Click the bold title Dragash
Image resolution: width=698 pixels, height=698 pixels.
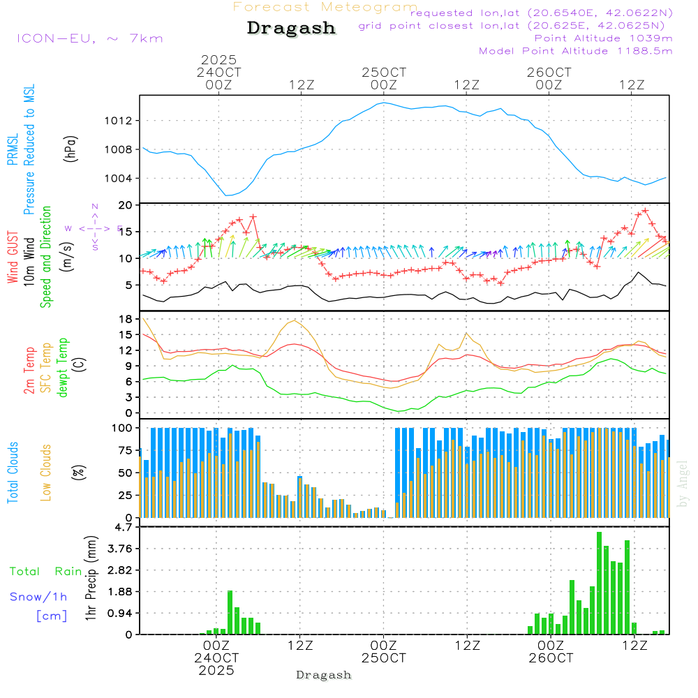click(x=291, y=28)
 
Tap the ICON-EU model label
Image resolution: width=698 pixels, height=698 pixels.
click(x=89, y=38)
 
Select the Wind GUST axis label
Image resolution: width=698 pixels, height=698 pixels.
click(x=13, y=258)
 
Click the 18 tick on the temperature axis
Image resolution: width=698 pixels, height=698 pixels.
click(x=127, y=319)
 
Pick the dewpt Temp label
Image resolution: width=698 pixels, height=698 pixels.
click(x=63, y=368)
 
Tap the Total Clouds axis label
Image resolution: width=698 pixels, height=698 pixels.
click(x=13, y=473)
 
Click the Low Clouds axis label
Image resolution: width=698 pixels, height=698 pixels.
click(x=46, y=473)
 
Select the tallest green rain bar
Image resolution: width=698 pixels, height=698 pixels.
click(x=599, y=583)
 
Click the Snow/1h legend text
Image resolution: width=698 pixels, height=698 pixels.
click(x=38, y=597)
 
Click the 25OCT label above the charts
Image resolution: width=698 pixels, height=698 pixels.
click(x=384, y=73)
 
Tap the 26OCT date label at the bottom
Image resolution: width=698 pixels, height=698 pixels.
click(x=551, y=658)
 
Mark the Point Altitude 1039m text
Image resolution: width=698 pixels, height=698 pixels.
click(x=603, y=38)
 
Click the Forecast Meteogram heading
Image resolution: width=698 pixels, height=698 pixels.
click(x=325, y=7)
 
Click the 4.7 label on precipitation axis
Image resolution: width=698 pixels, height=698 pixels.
click(x=124, y=527)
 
